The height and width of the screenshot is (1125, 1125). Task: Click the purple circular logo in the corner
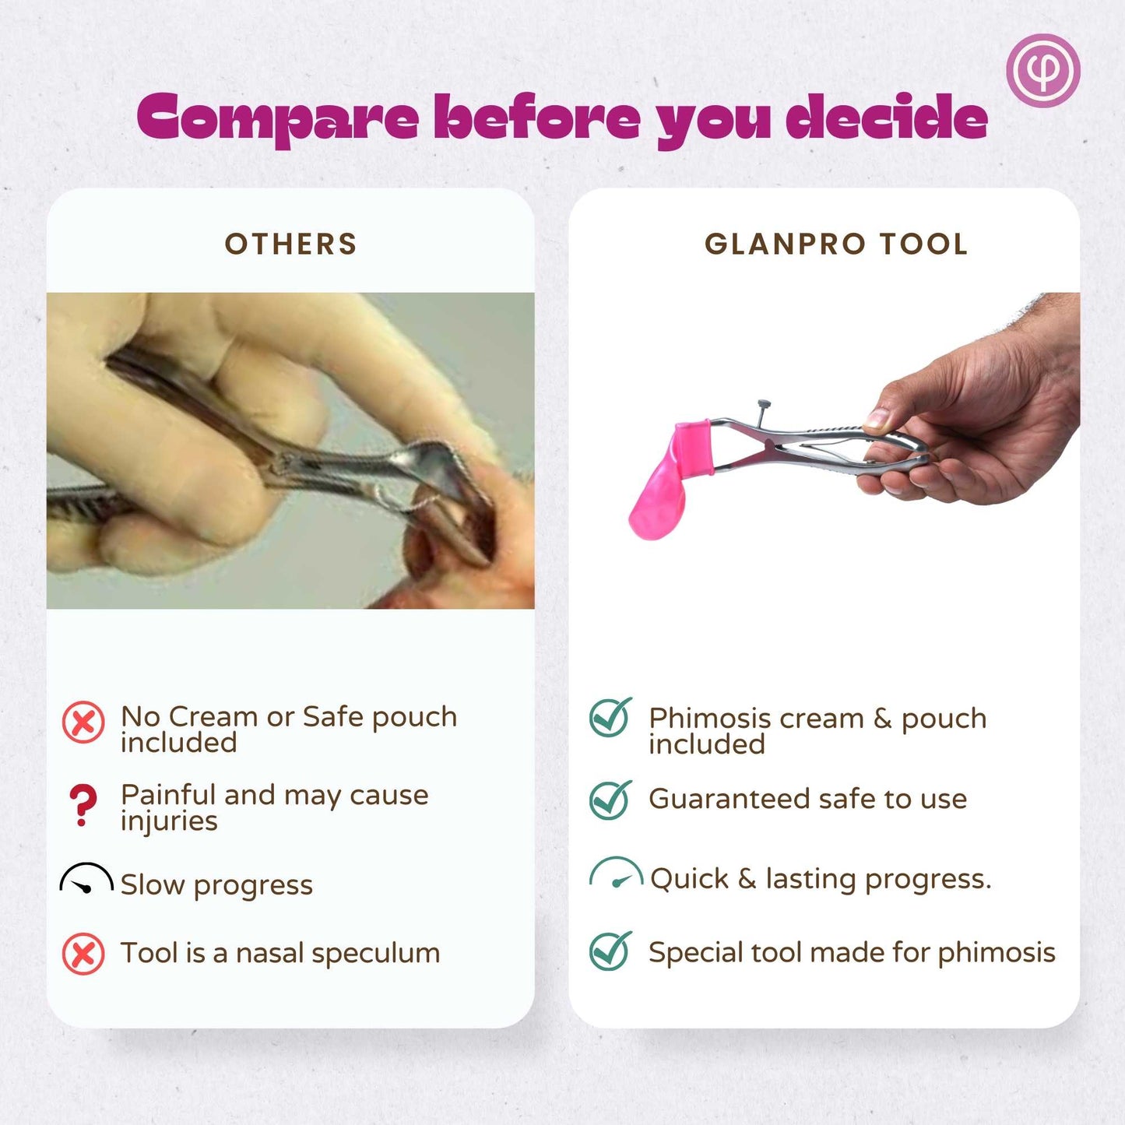coord(1043,71)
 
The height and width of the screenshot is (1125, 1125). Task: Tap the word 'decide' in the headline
coord(886,115)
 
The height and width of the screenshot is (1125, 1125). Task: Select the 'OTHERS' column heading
coord(290,244)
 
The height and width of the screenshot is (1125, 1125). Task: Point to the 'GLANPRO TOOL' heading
coord(836,244)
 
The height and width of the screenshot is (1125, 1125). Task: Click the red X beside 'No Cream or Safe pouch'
coord(83,722)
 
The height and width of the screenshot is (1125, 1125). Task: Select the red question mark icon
coord(83,804)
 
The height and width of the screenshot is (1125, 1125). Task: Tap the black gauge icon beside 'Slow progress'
coord(86,879)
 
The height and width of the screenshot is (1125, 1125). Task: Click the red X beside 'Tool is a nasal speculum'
coord(83,954)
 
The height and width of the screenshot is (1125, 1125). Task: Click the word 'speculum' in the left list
coord(375,954)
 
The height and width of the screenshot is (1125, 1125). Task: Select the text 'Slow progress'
coord(216,886)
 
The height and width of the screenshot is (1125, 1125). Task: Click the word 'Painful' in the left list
coord(169,795)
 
